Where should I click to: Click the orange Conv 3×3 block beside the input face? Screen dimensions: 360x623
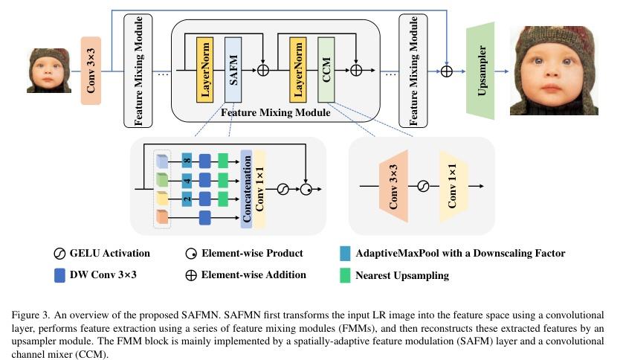tap(91, 71)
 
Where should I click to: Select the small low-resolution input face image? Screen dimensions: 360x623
tap(49, 70)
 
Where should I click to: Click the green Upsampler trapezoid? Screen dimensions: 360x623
tap(480, 71)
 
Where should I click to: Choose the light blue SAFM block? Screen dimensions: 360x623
tap(232, 71)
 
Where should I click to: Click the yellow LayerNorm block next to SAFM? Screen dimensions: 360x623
tap(205, 71)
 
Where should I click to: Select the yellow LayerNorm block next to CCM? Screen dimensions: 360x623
tap(298, 71)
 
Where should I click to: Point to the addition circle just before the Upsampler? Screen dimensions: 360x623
tap(446, 71)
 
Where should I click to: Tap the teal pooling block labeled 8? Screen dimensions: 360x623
tap(187, 159)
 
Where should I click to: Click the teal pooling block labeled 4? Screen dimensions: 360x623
tap(187, 180)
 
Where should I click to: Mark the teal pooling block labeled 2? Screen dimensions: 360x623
tap(187, 199)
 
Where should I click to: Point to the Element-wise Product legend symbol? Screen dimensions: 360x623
tap(190, 254)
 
